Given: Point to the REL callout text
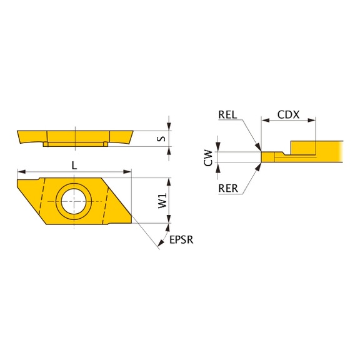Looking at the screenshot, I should tap(229, 114).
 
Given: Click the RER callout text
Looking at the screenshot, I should tap(229, 188).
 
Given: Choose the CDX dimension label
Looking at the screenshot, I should tap(288, 114).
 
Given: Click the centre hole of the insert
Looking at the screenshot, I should tap(74, 201).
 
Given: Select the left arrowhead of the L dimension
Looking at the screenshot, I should tap(20, 171).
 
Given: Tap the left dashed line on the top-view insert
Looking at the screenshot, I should tap(40, 200).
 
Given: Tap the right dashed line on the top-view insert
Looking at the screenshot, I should tap(107, 200).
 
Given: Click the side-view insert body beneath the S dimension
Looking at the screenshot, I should tap(75, 136).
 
